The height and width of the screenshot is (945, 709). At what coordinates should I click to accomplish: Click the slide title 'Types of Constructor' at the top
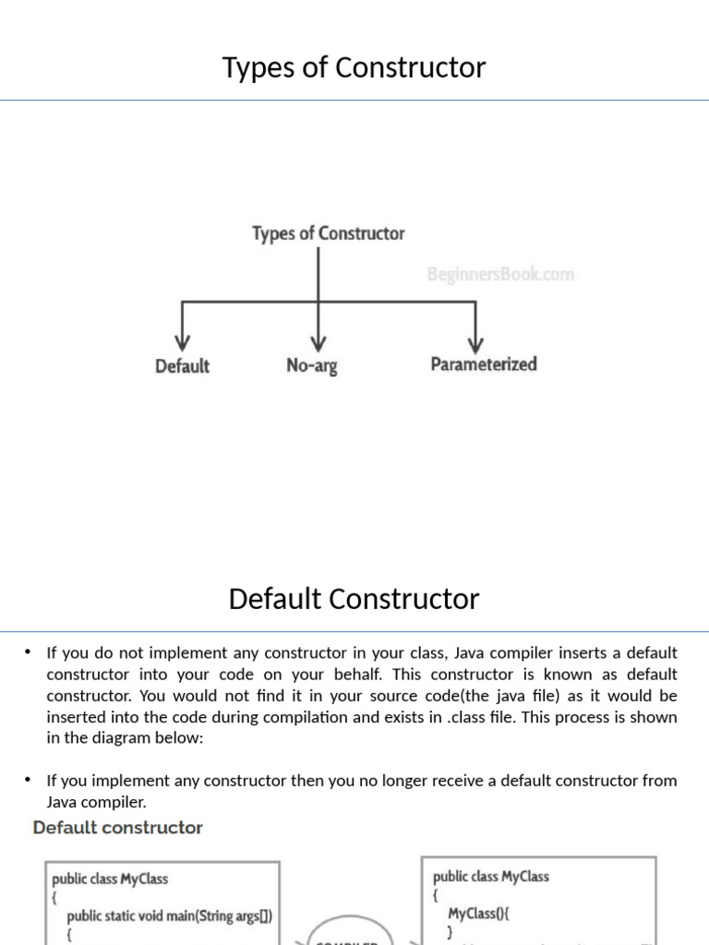click(x=354, y=67)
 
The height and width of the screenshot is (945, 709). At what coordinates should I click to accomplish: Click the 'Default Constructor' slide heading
click(x=354, y=599)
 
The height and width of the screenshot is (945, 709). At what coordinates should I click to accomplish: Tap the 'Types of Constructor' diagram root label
click(x=328, y=233)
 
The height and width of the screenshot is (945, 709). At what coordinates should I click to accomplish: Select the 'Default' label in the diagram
click(x=182, y=366)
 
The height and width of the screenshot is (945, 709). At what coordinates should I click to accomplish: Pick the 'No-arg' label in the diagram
click(x=312, y=366)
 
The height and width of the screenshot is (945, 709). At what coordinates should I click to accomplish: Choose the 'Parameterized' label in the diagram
click(x=483, y=365)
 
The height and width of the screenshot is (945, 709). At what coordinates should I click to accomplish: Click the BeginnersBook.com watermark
click(x=499, y=274)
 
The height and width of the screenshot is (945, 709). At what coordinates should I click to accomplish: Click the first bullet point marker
click(x=29, y=652)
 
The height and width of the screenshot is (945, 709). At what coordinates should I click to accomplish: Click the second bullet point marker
click(x=29, y=781)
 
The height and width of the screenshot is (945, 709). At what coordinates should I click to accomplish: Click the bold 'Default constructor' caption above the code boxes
click(x=118, y=828)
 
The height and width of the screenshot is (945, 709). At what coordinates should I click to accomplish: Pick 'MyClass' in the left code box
click(x=144, y=879)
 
